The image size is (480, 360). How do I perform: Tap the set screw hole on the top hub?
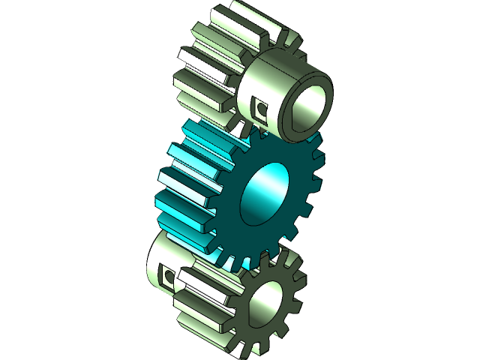261,109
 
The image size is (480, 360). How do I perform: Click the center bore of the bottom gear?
265,305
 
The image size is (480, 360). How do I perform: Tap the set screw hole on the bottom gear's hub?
168,277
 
